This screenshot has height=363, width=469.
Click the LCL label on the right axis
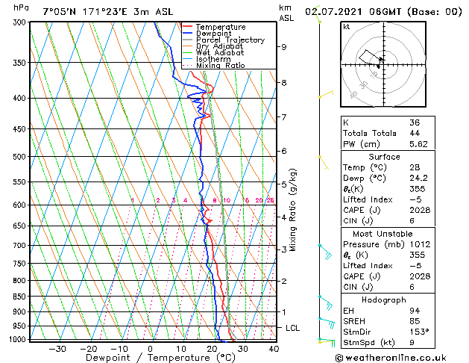[293, 328]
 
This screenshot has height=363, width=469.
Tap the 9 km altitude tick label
[284, 47]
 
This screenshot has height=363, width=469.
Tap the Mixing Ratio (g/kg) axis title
[294, 210]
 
